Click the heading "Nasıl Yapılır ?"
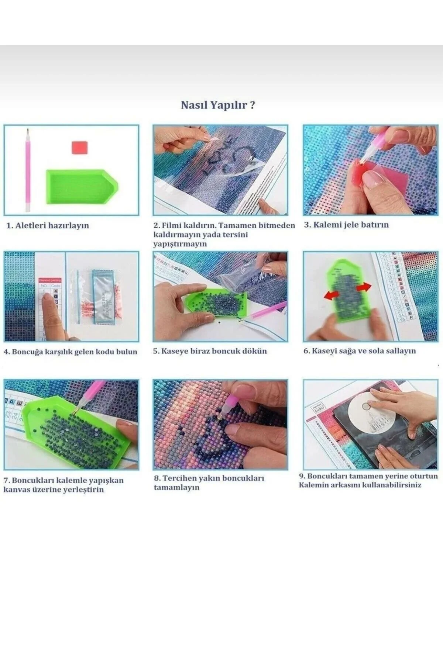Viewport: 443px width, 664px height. [218, 105]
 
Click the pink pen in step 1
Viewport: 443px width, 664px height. [27, 170]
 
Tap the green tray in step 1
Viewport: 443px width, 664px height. [82, 189]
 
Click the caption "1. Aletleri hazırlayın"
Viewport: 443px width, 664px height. [48, 225]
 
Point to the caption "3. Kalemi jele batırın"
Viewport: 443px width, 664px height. [346, 225]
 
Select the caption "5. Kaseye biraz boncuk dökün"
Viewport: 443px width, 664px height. [210, 351]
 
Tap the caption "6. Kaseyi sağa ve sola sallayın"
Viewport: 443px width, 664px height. [360, 350]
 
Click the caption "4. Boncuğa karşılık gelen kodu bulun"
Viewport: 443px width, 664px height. [70, 352]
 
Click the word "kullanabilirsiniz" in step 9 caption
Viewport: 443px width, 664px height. [392, 485]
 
